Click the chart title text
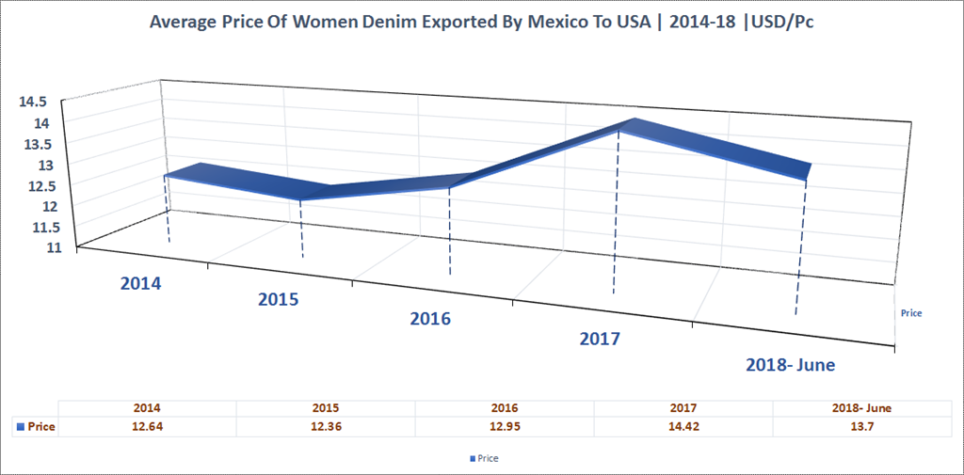pyautogui.click(x=481, y=23)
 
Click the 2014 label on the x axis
pyautogui.click(x=141, y=282)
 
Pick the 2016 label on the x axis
pyautogui.click(x=430, y=319)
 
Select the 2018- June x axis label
pyautogui.click(x=790, y=365)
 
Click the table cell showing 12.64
pyautogui.click(x=147, y=426)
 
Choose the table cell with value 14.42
pyautogui.click(x=683, y=426)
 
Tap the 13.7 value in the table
pyautogui.click(x=862, y=426)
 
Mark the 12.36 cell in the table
pyautogui.click(x=326, y=426)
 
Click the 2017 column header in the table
pyautogui.click(x=683, y=408)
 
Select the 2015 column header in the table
pyautogui.click(x=326, y=408)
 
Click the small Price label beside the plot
pyautogui.click(x=910, y=312)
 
